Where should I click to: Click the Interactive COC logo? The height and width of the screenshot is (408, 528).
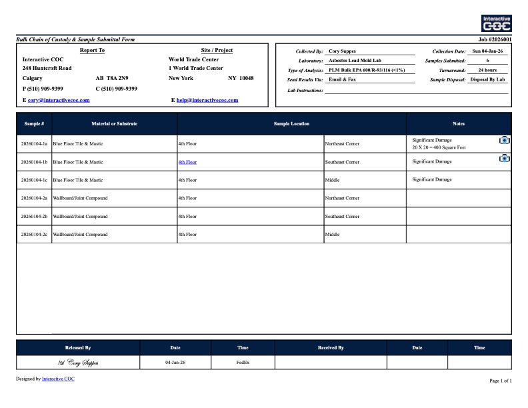point(497,23)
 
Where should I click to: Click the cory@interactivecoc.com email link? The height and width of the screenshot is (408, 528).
point(59,100)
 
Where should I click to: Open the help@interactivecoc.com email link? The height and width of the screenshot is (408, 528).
point(207,100)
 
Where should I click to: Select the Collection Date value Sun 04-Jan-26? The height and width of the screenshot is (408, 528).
point(487,51)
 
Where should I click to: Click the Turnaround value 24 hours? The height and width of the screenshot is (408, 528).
point(487,70)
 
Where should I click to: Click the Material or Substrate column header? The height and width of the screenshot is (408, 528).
point(115,124)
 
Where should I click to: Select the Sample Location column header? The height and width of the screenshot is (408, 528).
point(291,124)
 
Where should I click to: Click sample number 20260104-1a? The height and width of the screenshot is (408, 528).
point(35,144)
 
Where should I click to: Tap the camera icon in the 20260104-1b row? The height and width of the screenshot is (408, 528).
point(505,158)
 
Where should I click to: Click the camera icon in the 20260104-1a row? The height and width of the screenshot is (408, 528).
point(505,140)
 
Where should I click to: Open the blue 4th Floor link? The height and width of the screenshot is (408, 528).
point(187,162)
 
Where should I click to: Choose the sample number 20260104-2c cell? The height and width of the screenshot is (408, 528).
point(35,235)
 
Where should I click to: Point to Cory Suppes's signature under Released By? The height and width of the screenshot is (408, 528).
point(79,363)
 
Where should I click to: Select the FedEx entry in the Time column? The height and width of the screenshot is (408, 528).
point(243,363)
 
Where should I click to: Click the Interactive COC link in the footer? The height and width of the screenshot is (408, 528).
point(58,379)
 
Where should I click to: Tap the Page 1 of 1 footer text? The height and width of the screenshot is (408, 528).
point(501,381)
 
